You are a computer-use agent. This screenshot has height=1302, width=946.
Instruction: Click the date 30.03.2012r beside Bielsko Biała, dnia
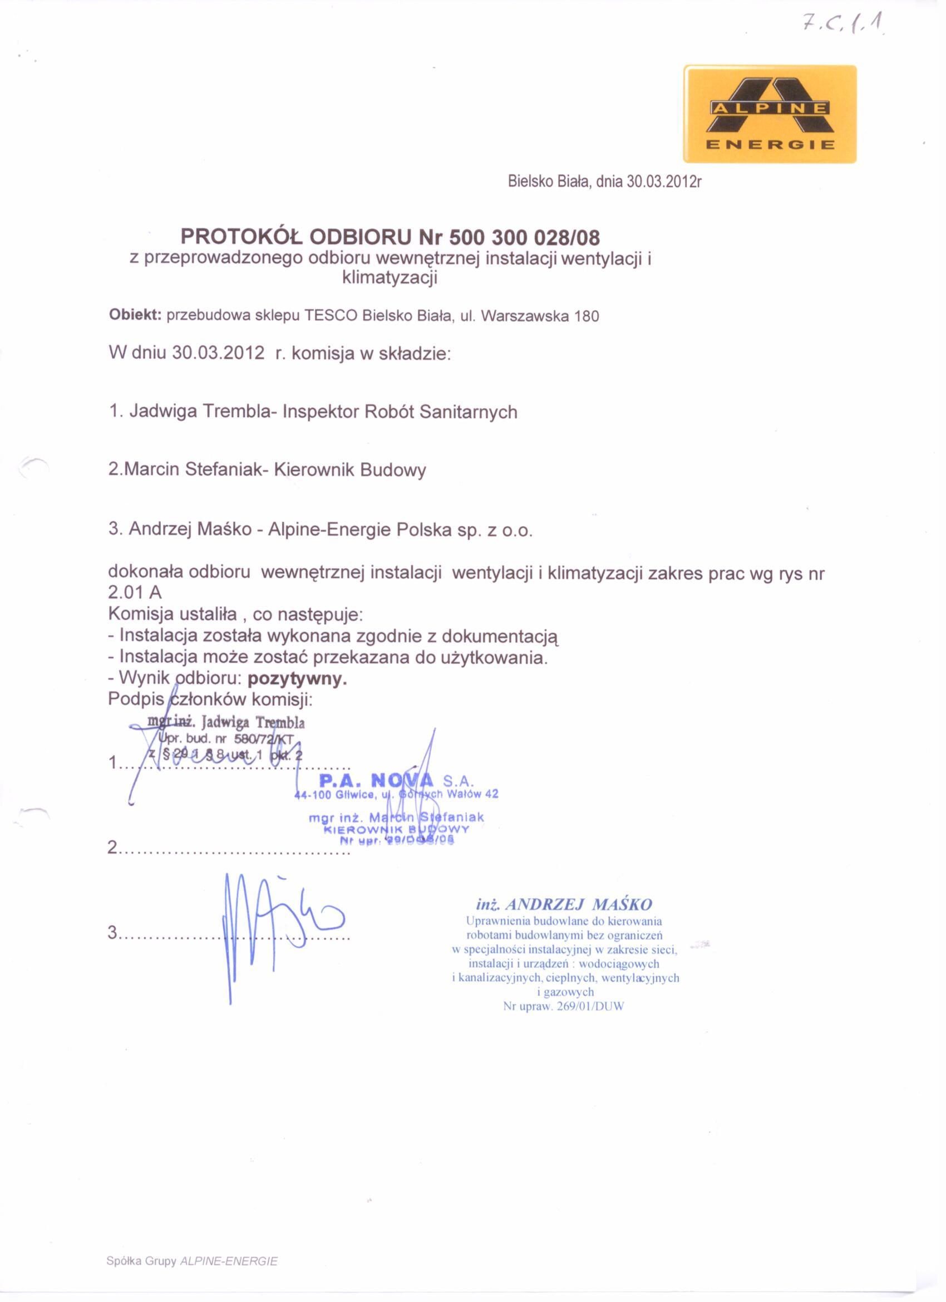664,182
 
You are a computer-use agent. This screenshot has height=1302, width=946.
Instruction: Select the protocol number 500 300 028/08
524,237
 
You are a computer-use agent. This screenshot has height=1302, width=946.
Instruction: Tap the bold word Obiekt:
135,315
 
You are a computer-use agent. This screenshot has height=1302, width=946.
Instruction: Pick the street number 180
587,316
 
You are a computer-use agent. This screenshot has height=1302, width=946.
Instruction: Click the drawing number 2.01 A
135,593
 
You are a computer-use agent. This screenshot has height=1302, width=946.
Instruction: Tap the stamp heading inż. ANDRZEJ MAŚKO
564,905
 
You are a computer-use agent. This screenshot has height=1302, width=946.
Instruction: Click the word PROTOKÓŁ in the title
242,237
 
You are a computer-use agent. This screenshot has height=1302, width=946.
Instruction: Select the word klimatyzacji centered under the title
390,278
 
